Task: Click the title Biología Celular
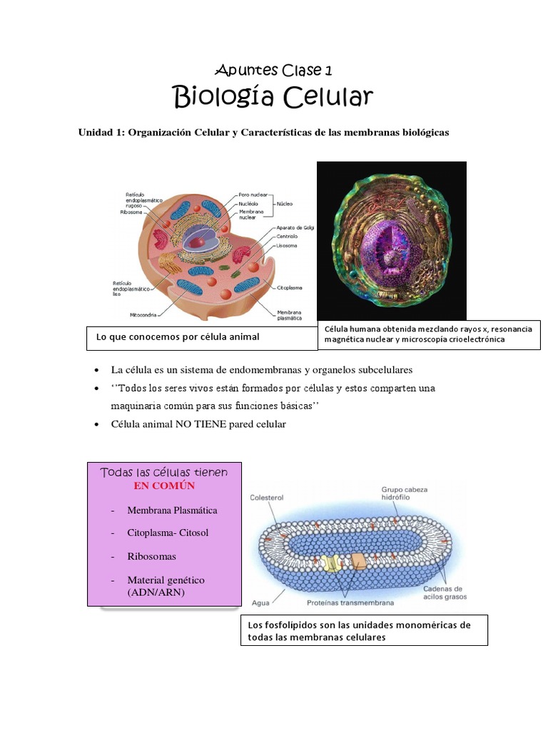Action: pos(273,97)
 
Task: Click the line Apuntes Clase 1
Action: pos(273,70)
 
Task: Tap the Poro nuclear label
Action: pos(253,194)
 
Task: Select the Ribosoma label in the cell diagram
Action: pos(131,212)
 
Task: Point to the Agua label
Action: pos(261,602)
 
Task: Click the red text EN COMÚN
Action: pos(164,485)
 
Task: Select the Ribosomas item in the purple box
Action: pos(151,556)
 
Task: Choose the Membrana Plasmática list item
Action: pos(172,510)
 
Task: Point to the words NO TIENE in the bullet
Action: pos(191,424)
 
